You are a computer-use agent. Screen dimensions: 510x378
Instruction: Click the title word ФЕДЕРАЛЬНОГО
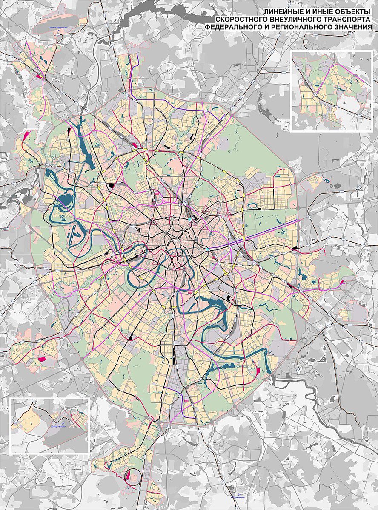tap(235, 27)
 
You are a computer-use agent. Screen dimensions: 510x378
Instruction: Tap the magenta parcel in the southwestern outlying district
tap(42, 359)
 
